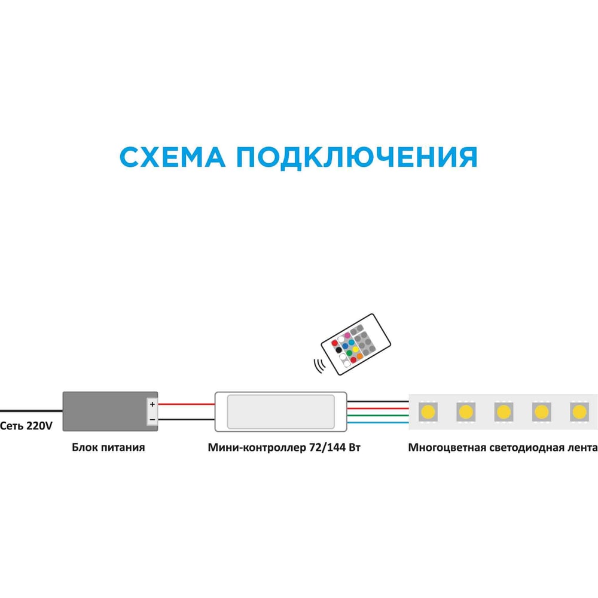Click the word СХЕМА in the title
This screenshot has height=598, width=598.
[172, 157]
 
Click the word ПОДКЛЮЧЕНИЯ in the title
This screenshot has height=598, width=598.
[356, 157]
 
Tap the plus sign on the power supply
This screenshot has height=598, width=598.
[152, 404]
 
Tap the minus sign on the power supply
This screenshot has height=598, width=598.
[152, 420]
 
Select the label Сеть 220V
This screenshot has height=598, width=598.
[26, 426]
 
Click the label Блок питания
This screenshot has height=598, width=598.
[108, 447]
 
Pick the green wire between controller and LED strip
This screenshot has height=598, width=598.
[377, 416]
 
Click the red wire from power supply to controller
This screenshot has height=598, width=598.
[186, 404]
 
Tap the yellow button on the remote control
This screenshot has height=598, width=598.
[355, 349]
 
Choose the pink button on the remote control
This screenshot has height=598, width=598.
[347, 335]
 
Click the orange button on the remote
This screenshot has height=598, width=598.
[359, 356]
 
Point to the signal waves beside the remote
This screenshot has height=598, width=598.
[319, 366]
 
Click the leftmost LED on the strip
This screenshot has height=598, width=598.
[428, 412]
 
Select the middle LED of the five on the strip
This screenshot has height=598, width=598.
[504, 412]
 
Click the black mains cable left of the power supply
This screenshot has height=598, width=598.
[31, 411]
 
